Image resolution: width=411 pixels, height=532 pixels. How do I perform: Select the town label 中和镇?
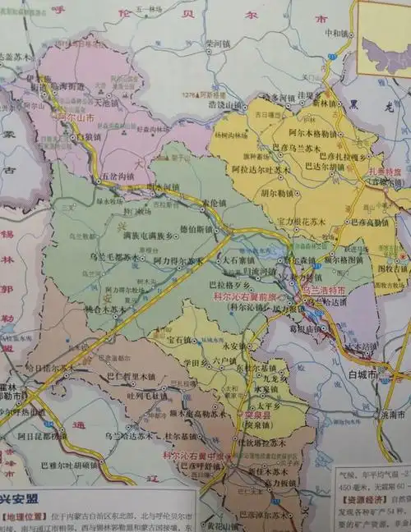[x=337, y=34]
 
